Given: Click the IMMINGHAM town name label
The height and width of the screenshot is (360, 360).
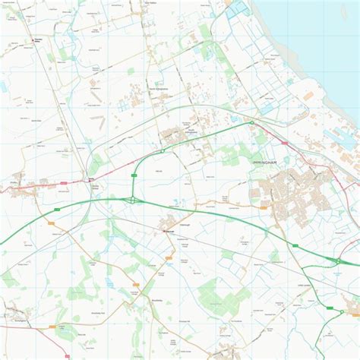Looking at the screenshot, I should (267, 163).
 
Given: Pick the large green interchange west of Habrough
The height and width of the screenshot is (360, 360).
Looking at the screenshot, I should (134, 201).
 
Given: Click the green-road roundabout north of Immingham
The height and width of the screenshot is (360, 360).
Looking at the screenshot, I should (251, 123).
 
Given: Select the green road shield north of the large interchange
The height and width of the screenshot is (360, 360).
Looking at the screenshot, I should (134, 175).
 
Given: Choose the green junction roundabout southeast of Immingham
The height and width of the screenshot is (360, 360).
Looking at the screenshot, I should (337, 262).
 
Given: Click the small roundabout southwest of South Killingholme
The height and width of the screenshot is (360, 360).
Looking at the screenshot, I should (163, 151).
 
